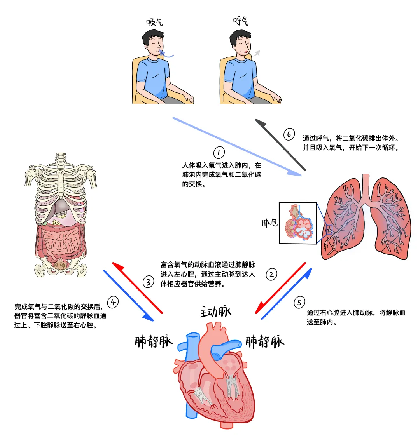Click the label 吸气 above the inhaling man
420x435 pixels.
coord(154,22)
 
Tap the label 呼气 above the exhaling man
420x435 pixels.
coord(241,21)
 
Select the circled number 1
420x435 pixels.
coord(219,153)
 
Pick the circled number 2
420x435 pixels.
coord(271,274)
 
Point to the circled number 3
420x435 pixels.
coord(148,282)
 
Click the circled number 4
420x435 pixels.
coord(113,302)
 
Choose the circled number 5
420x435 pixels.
coord(299,302)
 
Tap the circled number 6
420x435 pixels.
coord(289,134)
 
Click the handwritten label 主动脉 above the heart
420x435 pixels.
coord(216,311)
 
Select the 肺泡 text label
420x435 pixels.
coord(270,223)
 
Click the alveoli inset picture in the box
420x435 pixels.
coord(298,223)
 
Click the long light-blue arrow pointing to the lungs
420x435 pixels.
coord(237,146)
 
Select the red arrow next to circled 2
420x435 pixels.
coord(280,288)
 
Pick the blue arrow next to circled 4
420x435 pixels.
coord(128,296)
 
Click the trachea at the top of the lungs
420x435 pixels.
coord(366,189)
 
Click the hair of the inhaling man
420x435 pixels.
coord(152,36)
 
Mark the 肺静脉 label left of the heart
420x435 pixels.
coord(154,341)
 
